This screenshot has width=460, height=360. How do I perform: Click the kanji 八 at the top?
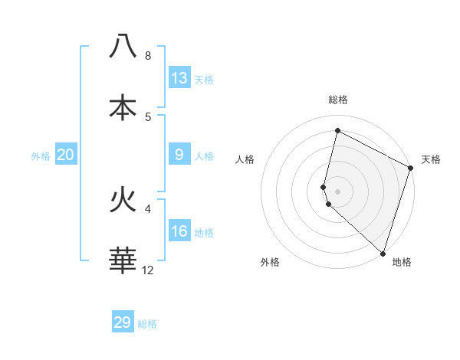(x=123, y=47)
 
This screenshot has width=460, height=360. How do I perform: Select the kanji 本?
(x=123, y=108)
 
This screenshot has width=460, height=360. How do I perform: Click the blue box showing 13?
(x=179, y=77)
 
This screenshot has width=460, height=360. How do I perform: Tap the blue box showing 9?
(x=179, y=155)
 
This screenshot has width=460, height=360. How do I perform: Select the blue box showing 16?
(x=179, y=231)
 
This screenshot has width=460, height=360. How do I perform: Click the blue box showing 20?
(x=66, y=155)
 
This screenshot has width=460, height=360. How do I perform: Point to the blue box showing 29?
(x=123, y=322)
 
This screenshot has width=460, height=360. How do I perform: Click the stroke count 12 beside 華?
(x=148, y=270)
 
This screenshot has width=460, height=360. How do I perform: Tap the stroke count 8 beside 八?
(x=148, y=56)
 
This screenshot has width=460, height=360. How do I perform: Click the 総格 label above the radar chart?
(x=338, y=100)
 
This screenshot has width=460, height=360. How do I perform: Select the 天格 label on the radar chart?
(x=432, y=159)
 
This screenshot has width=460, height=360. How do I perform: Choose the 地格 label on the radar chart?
(x=402, y=262)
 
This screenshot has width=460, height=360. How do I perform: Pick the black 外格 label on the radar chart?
(x=270, y=262)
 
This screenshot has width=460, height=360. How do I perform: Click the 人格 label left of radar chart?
(x=245, y=159)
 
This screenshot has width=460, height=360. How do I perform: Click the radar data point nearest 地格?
(x=383, y=253)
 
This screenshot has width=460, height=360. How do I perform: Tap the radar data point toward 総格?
(x=337, y=131)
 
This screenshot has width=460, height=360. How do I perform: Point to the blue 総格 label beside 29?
(x=147, y=324)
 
